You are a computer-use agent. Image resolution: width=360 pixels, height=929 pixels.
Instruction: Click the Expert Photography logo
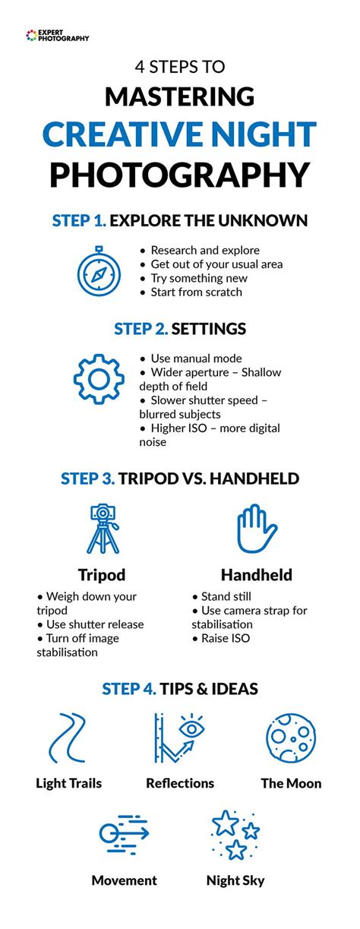click(x=57, y=35)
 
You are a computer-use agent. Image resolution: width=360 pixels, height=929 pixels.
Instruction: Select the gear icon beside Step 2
click(x=99, y=378)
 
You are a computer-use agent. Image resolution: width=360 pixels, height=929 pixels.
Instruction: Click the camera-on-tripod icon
click(x=103, y=529)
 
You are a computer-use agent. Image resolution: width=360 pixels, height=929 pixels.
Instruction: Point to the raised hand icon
click(x=257, y=529)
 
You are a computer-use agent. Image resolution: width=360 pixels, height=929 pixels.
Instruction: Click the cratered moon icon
click(x=291, y=738)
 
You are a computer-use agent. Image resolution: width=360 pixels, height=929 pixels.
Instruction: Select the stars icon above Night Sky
click(x=235, y=835)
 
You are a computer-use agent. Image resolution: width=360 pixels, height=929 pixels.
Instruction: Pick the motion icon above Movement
click(x=124, y=834)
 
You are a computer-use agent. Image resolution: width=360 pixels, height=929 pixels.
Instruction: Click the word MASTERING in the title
click(x=179, y=96)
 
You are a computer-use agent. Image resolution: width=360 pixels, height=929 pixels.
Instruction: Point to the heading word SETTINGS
click(x=209, y=329)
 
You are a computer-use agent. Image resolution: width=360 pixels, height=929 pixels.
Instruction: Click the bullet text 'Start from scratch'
click(x=197, y=292)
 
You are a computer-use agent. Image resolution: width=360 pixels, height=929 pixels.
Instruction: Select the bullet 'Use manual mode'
click(x=197, y=359)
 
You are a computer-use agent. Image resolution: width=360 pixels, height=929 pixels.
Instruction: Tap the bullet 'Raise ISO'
click(x=226, y=638)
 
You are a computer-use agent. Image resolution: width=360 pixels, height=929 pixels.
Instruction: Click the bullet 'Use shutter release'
click(x=95, y=624)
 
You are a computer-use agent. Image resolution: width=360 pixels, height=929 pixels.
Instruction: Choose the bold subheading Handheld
click(x=257, y=575)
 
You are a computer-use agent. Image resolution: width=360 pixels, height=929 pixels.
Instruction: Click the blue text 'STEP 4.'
click(x=129, y=689)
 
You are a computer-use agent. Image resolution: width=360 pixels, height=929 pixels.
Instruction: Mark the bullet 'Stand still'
click(x=226, y=596)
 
